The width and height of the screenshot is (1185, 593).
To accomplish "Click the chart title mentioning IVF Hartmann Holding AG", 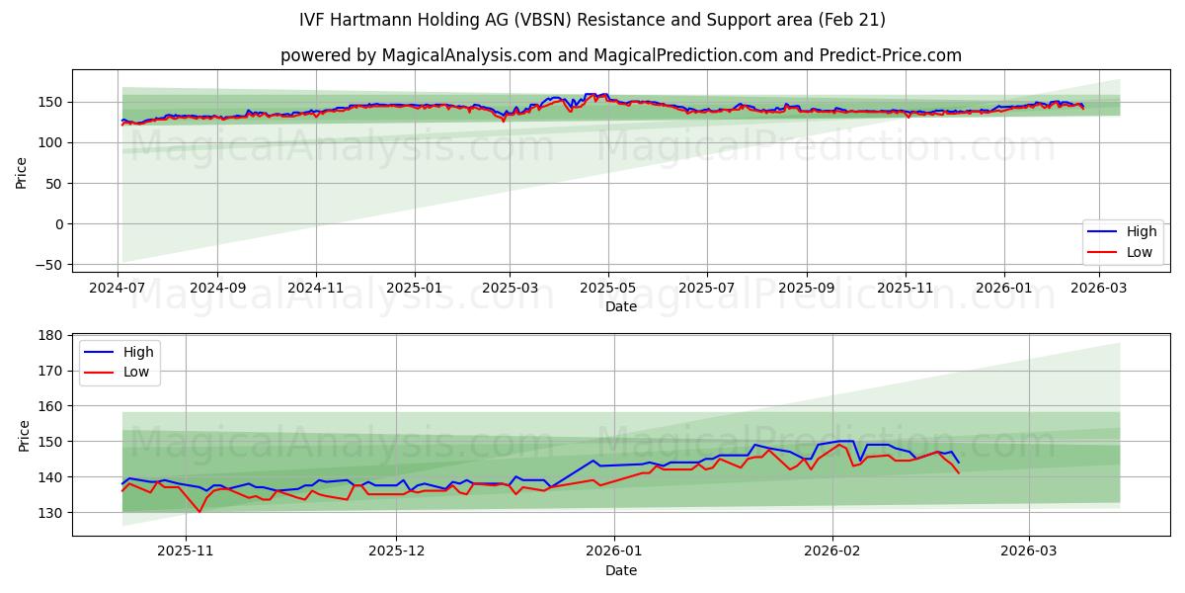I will point(592,20).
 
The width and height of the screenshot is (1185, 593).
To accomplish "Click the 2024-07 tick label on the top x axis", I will point(118,287).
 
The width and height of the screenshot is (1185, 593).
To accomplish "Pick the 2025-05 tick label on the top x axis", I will point(608,287).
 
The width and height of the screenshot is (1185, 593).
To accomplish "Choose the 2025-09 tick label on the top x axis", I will point(807,287).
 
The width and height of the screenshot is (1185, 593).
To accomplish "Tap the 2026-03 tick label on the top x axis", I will point(1099,287).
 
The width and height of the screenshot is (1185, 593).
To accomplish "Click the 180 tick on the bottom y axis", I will point(50,336).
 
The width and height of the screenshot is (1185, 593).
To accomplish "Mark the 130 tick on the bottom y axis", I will point(50,513).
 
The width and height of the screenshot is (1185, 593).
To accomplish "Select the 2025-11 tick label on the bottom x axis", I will point(186,551).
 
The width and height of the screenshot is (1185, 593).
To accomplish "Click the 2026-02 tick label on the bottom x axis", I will point(832,551).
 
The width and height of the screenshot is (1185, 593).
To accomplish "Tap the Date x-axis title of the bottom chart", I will point(620,570).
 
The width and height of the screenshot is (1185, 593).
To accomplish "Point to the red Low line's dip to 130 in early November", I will point(199,511).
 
